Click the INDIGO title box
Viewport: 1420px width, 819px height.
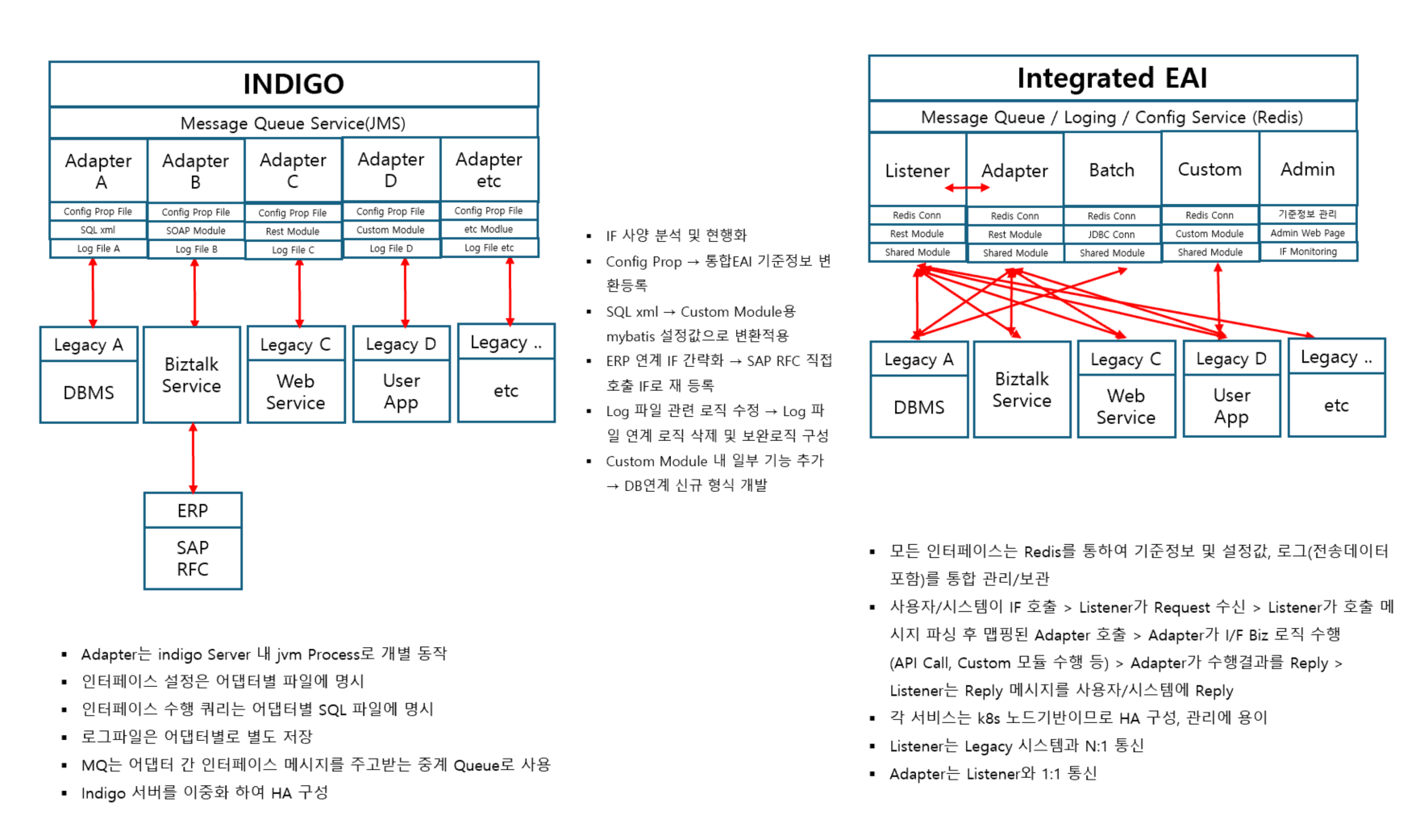294,84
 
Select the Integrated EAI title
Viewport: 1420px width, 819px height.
1112,78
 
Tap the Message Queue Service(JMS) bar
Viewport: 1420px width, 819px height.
294,123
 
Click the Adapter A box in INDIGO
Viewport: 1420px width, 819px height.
98,171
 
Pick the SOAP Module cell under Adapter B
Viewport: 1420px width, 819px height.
196,231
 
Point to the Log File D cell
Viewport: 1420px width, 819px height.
391,248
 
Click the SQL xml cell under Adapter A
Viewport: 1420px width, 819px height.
98,230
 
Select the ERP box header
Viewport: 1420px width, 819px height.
193,511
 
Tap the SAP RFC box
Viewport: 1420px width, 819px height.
193,558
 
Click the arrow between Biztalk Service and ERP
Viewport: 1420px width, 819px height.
193,457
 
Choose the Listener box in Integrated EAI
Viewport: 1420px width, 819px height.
917,170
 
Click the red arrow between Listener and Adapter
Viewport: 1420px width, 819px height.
967,188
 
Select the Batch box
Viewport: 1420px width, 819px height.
1112,170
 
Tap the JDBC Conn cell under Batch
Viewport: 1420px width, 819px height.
1112,235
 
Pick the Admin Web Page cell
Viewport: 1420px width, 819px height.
1308,233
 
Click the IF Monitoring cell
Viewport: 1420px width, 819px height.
1308,252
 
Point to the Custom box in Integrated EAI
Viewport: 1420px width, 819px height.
1210,169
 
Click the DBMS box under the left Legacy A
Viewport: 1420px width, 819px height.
89,393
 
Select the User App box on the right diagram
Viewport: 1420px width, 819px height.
1231,406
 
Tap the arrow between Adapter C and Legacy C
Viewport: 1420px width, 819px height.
300,293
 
